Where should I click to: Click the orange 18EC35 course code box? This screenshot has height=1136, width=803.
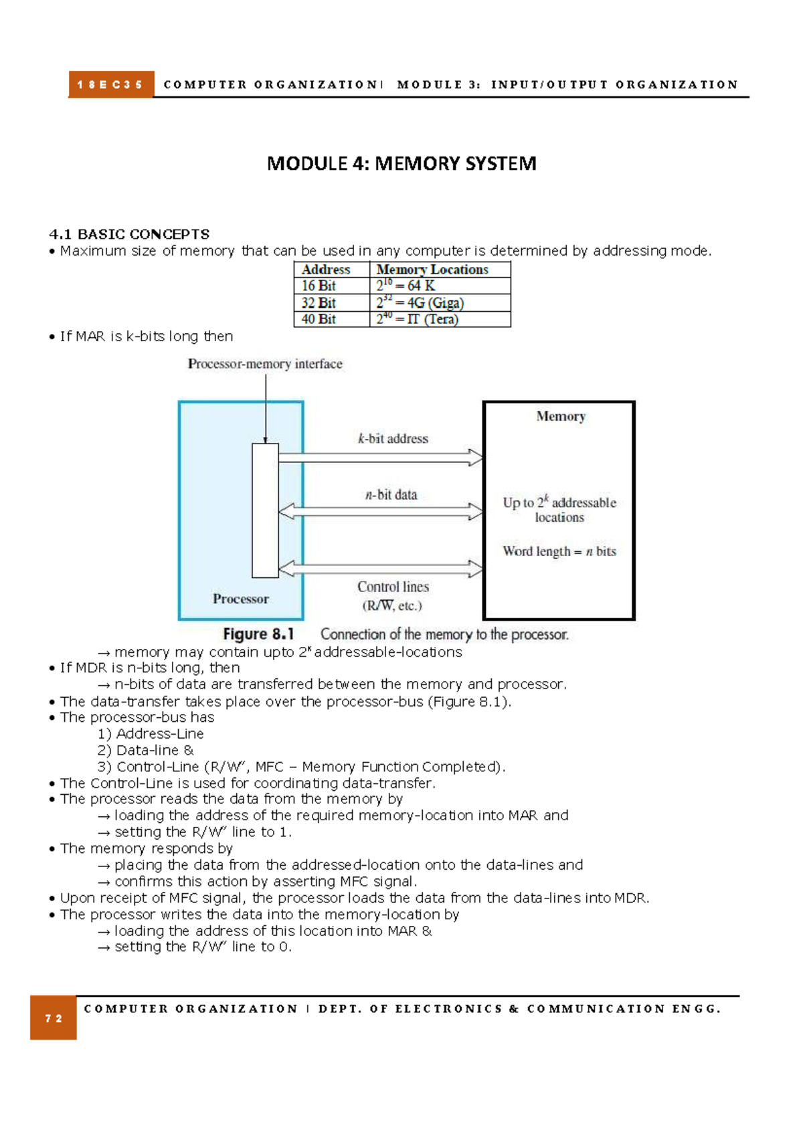click(x=110, y=85)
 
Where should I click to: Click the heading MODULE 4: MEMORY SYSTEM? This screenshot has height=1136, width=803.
click(x=401, y=163)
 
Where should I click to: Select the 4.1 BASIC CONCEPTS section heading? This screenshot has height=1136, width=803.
click(x=129, y=234)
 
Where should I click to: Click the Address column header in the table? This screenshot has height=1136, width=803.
click(x=326, y=270)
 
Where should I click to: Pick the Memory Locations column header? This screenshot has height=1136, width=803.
click(x=432, y=270)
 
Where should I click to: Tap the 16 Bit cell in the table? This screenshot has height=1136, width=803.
click(x=319, y=286)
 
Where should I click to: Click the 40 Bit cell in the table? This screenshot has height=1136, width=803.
click(x=319, y=319)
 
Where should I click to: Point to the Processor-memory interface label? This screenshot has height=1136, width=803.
click(x=265, y=364)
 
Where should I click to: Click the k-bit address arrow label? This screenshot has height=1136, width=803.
click(x=393, y=439)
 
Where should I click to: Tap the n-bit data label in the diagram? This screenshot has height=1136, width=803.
click(x=391, y=495)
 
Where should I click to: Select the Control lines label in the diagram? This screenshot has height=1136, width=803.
click(x=393, y=587)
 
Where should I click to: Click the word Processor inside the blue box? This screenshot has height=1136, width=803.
click(x=241, y=599)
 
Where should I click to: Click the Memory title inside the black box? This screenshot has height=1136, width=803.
click(x=561, y=416)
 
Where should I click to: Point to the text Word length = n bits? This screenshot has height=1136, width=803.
click(x=559, y=551)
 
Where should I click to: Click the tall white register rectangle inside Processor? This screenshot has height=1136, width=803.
click(x=265, y=510)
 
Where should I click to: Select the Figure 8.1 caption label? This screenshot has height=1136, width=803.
click(x=258, y=634)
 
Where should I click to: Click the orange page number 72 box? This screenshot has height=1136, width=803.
click(x=54, y=1018)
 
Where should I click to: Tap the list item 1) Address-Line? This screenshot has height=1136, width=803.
click(x=151, y=734)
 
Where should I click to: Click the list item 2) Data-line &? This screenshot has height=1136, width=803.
click(x=146, y=751)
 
